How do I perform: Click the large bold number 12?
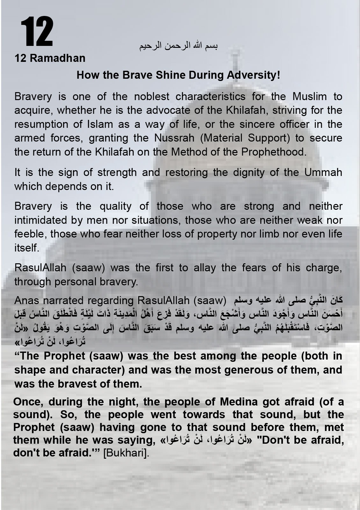coord(37,33)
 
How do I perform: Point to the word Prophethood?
coord(274,152)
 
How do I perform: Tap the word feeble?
coord(29,234)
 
